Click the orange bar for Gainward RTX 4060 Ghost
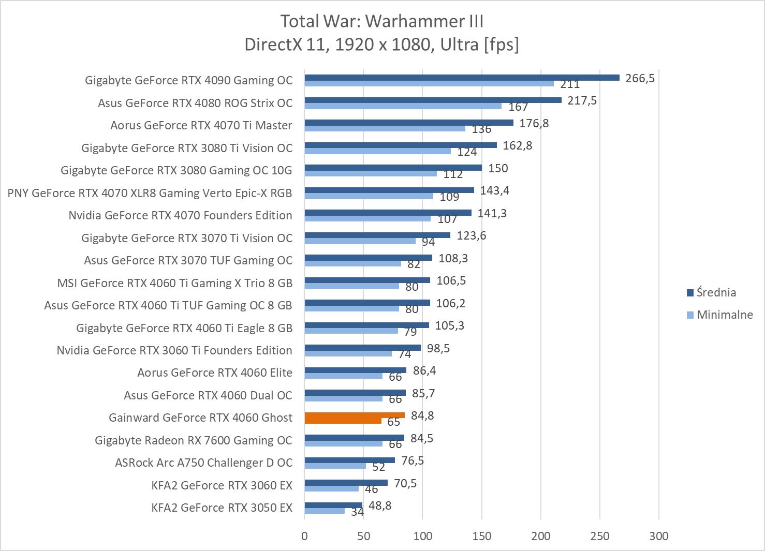pos(355,415)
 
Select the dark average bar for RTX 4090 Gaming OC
pos(462,78)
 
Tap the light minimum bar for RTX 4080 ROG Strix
pos(403,106)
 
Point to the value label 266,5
pos(640,78)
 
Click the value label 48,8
pos(379,505)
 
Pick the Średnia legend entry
pos(716,292)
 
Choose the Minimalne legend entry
pos(724,315)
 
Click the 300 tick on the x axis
pos(659,536)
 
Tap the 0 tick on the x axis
pos(304,536)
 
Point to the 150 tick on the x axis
pos(482,536)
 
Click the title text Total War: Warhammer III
pos(382,21)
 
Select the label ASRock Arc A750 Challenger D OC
pos(203,463)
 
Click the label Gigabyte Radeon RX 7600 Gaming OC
pos(194,440)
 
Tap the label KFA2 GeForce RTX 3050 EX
pos(222,508)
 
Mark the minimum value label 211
pos(570,84)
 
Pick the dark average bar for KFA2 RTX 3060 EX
pos(346,483)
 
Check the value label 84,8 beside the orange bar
pos(422,415)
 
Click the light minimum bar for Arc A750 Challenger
pos(335,466)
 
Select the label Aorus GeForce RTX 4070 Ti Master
pos(201,125)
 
